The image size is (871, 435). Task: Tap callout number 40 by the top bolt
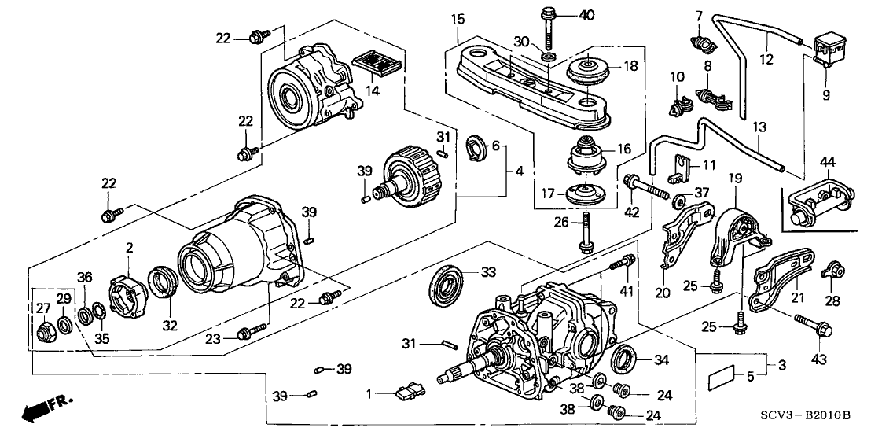(586, 14)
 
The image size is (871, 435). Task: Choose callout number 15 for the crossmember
(458, 19)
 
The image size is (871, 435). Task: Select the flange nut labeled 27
(43, 333)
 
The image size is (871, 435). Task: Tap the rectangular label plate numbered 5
(722, 382)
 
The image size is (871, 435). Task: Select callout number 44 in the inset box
(828, 163)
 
